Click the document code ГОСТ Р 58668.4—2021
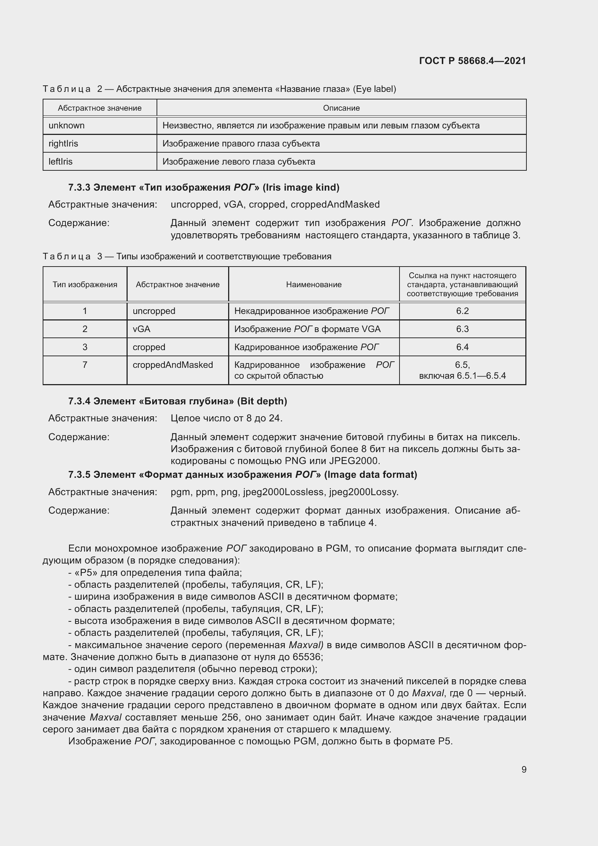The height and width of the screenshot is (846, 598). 473,61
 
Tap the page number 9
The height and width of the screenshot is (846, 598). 524,769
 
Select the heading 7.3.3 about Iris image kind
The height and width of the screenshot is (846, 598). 204,188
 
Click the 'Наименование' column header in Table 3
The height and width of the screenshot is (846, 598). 314,284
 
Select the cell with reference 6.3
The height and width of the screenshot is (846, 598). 462,329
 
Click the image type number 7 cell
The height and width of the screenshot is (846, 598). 85,365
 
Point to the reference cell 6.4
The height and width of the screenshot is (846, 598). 462,347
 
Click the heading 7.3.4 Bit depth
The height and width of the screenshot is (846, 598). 178,401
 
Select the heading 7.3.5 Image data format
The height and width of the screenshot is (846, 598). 242,475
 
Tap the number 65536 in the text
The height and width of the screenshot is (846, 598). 307,657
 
